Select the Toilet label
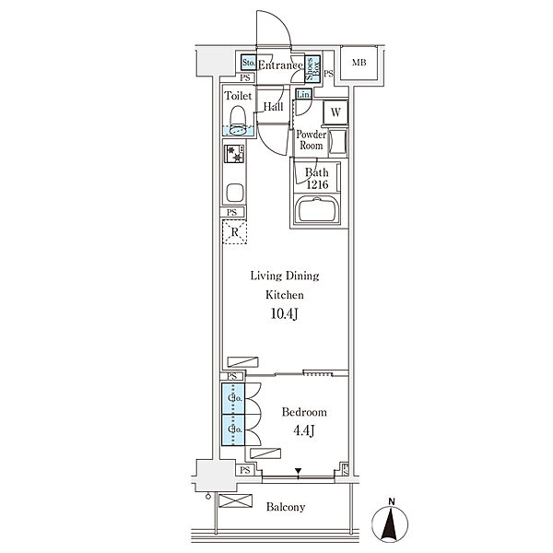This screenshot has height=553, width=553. click(x=238, y=94)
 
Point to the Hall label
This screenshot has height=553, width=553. click(x=273, y=108)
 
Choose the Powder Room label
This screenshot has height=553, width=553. click(x=310, y=141)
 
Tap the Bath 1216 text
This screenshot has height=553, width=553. click(x=316, y=177)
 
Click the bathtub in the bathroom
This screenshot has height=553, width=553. click(x=319, y=211)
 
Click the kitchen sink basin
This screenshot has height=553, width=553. click(x=233, y=194)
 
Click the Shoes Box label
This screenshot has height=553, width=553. click(x=312, y=68)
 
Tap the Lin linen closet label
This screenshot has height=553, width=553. click(x=302, y=94)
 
